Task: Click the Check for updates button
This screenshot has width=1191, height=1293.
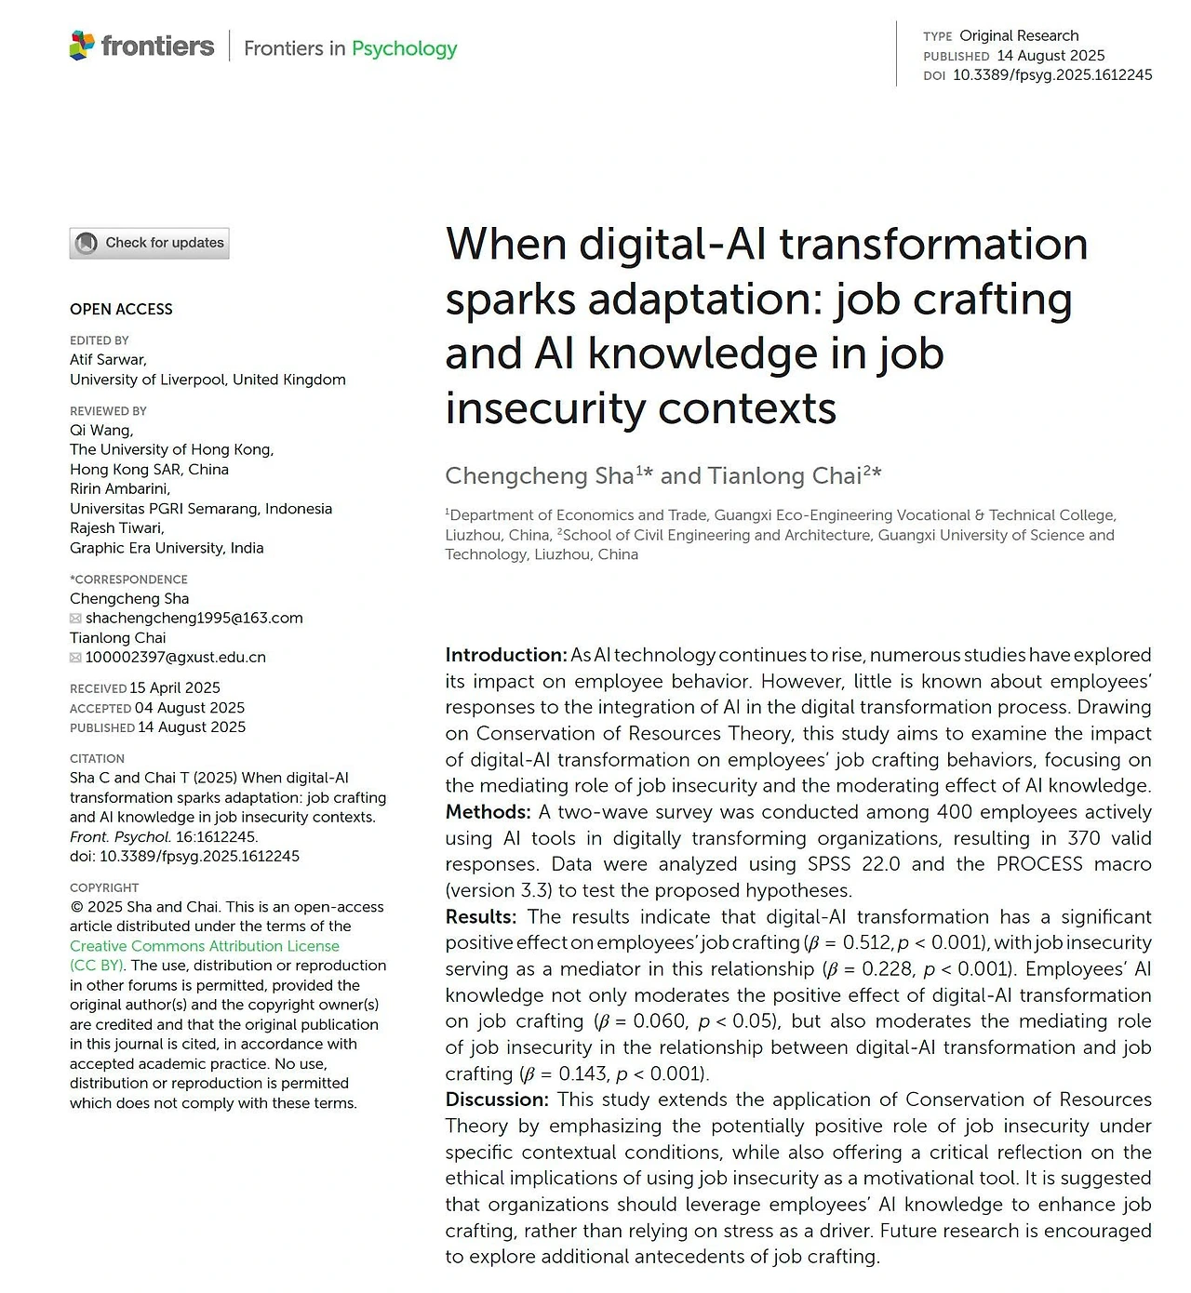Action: (149, 243)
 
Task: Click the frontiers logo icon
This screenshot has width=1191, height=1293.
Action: (82, 46)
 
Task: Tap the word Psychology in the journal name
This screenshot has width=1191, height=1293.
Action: (404, 48)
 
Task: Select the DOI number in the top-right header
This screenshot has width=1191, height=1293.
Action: (1051, 74)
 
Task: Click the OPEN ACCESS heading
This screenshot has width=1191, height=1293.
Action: (121, 309)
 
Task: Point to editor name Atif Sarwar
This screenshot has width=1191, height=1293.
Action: (107, 359)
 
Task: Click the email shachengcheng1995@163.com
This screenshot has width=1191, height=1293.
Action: (194, 618)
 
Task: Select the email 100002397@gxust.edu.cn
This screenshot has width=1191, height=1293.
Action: (175, 657)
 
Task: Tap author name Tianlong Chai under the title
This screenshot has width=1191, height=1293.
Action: (784, 476)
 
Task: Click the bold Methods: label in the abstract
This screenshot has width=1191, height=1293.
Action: (488, 812)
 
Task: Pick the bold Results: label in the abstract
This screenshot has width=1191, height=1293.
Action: (480, 916)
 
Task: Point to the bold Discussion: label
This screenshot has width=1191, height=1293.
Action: (497, 1100)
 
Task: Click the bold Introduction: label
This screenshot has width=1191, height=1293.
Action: (505, 655)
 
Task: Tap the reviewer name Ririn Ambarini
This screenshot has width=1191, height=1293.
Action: (119, 488)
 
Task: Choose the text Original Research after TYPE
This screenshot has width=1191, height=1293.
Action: (1019, 35)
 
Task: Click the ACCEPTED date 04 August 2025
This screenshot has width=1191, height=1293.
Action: (190, 707)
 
